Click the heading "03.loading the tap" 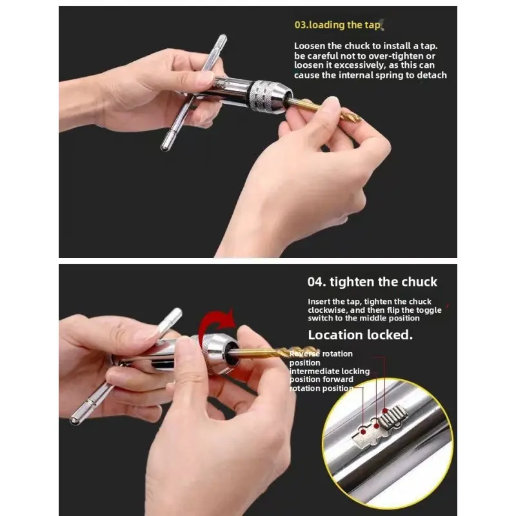click(x=337, y=25)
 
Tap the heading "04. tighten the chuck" click(x=372, y=282)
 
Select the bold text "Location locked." click(x=360, y=335)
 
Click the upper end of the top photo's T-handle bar click(x=223, y=38)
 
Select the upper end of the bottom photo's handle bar click(x=177, y=312)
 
